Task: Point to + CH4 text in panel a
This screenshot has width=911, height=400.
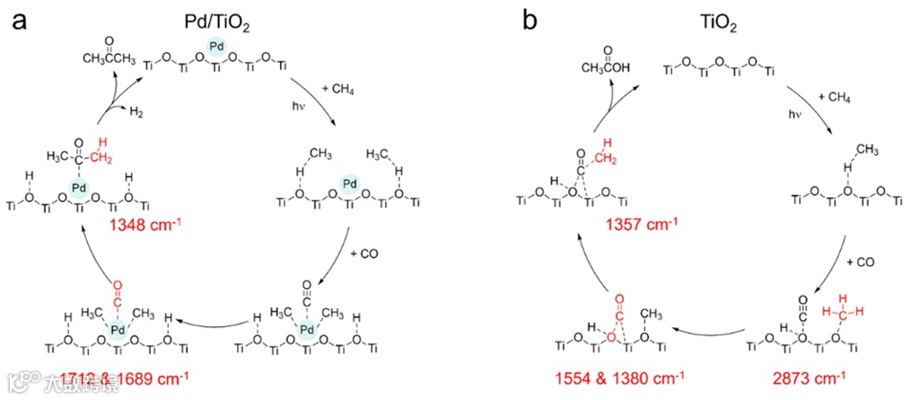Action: click(x=337, y=89)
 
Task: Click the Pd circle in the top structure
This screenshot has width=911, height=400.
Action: click(x=215, y=48)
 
